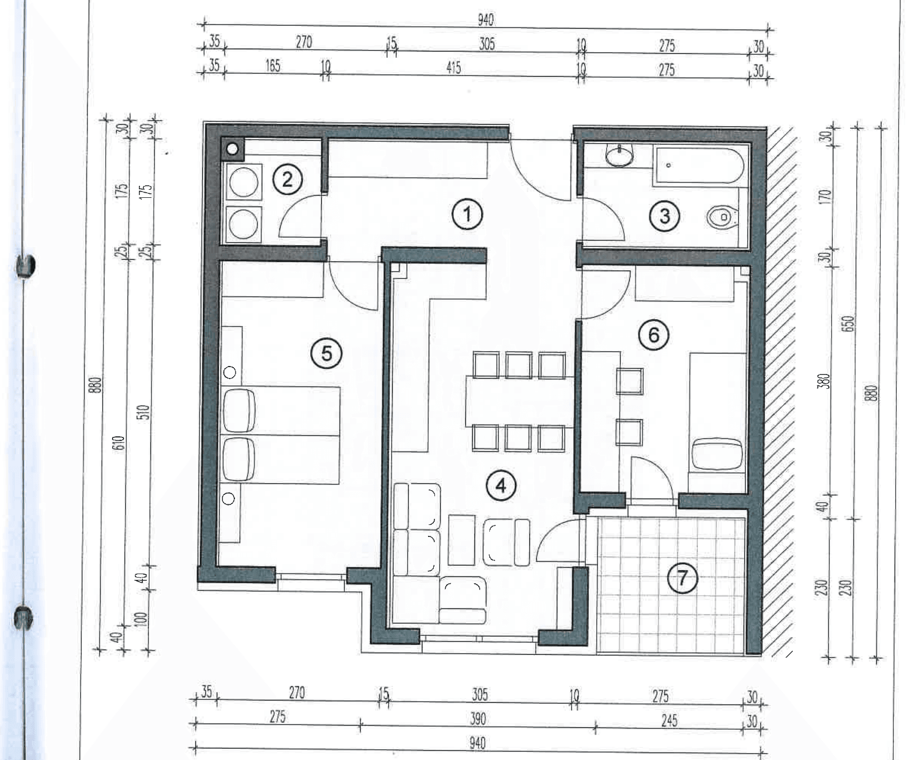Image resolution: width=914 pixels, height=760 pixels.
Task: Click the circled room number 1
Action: click(x=467, y=214)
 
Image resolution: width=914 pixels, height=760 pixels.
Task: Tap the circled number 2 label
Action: click(x=287, y=180)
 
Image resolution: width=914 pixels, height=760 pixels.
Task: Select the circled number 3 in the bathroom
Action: click(x=665, y=216)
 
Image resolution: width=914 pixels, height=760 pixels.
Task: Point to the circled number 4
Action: click(x=501, y=486)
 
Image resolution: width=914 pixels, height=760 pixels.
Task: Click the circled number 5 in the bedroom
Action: click(x=326, y=353)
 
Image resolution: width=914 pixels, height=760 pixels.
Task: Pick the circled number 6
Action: click(x=654, y=335)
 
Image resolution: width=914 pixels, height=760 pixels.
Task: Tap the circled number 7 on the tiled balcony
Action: click(x=683, y=578)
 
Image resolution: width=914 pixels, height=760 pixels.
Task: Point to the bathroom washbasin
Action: click(x=620, y=156)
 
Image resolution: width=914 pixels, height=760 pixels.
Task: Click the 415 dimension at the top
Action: click(x=453, y=67)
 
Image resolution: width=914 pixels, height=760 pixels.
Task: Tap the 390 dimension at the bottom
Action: click(x=477, y=718)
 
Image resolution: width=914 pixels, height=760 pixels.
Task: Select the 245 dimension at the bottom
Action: click(x=669, y=720)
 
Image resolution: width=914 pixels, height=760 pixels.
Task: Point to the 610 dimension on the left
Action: click(x=118, y=443)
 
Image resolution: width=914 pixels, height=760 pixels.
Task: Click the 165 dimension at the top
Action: click(x=273, y=66)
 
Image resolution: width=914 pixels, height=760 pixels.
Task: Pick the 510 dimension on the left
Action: click(x=143, y=412)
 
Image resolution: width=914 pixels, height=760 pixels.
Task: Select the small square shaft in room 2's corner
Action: click(x=232, y=149)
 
